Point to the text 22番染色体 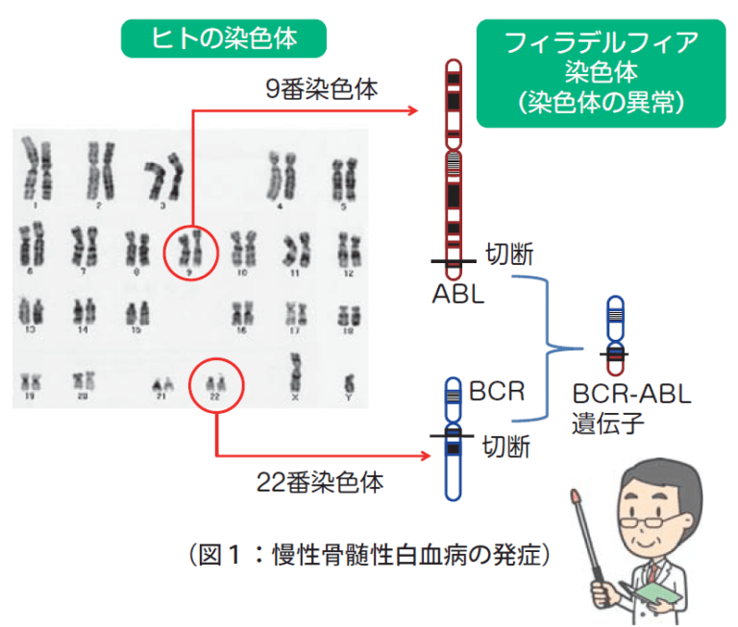pos(320,482)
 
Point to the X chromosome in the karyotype pos(296,374)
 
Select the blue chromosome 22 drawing pos(453,438)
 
